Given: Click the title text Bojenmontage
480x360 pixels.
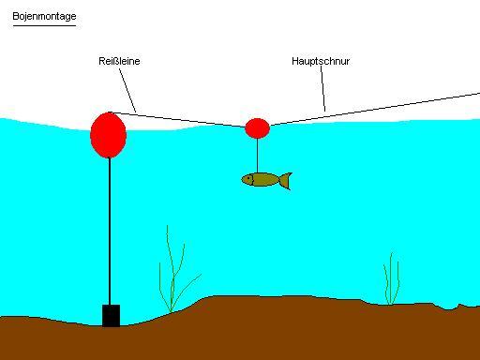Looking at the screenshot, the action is pyautogui.click(x=44, y=16).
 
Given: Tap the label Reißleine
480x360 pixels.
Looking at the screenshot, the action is pyautogui.click(x=119, y=61).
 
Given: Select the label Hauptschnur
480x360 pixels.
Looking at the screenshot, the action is pyautogui.click(x=321, y=61).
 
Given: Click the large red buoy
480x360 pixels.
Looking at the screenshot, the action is pyautogui.click(x=109, y=135).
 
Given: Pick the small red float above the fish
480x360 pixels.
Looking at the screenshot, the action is pyautogui.click(x=257, y=128).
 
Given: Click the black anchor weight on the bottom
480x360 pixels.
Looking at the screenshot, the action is pyautogui.click(x=111, y=316).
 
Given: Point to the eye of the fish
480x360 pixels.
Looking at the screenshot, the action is pyautogui.click(x=249, y=179).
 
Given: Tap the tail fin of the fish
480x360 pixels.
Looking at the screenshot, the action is pyautogui.click(x=286, y=181).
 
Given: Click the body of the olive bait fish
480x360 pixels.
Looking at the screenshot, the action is pyautogui.click(x=262, y=180).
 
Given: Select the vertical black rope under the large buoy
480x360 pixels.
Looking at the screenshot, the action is pyautogui.click(x=110, y=232).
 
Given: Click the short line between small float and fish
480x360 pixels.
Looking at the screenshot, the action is pyautogui.click(x=257, y=156).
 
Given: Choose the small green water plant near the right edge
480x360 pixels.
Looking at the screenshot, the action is pyautogui.click(x=391, y=278).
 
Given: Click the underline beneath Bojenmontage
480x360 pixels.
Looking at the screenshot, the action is pyautogui.click(x=44, y=25).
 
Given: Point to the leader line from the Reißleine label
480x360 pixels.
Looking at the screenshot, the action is pyautogui.click(x=127, y=90).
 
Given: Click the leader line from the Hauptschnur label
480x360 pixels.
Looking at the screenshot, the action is pyautogui.click(x=322, y=89).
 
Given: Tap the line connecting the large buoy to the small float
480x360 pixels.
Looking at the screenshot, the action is pyautogui.click(x=178, y=120).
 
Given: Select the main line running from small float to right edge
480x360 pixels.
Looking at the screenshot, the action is pyautogui.click(x=375, y=109).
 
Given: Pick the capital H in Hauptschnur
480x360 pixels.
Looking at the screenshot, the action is pyautogui.click(x=295, y=61).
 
